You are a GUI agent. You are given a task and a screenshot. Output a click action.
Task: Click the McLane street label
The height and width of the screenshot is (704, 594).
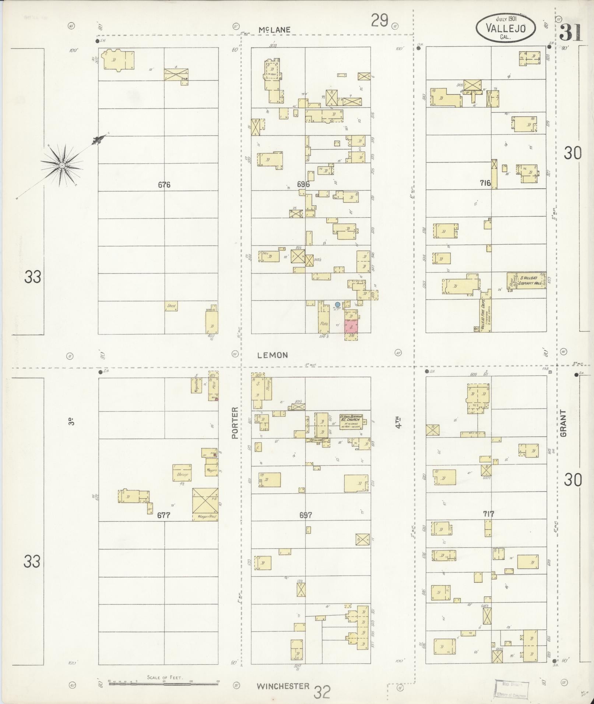pos(274,30)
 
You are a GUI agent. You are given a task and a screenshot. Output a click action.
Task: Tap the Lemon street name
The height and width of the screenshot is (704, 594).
pos(273,355)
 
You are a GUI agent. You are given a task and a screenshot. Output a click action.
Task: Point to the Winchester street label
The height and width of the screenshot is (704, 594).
pos(283,686)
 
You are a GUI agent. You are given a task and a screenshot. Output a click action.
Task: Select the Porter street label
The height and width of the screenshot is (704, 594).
pos(235,423)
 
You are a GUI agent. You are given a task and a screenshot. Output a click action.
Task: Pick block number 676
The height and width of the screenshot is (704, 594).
pos(164,185)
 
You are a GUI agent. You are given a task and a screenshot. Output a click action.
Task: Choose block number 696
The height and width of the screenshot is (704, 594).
pos(303,184)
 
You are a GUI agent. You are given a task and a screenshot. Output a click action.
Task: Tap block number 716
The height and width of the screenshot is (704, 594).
pos(485,183)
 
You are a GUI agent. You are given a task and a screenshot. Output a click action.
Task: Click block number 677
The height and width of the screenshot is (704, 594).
pos(164,515)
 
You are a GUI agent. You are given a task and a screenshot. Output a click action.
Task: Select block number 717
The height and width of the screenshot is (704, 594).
pos(489,514)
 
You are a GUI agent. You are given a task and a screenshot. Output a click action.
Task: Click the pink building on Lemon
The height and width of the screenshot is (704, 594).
pos(351,326)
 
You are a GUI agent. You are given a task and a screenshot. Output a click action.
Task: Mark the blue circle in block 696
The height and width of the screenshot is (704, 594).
pos(337,304)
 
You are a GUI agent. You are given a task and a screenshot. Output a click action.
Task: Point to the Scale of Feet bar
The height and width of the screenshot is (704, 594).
pos(164,681)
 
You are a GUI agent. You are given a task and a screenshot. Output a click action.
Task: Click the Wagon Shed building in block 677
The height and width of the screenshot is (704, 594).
pos(205,504)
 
